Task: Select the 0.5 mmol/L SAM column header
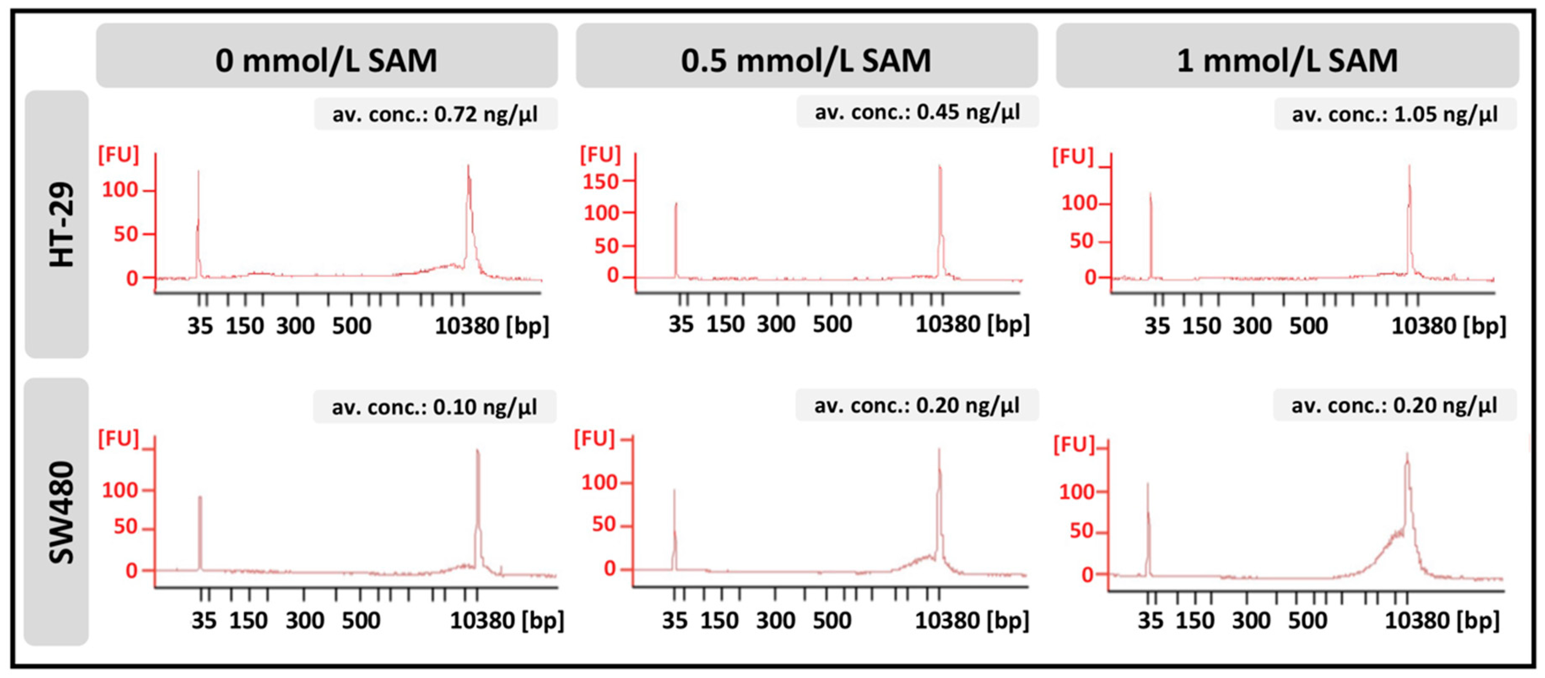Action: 806,60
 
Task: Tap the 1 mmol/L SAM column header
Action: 1287,60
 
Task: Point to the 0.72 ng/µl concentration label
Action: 435,114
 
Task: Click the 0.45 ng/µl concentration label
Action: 917,112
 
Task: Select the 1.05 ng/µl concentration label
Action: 1395,114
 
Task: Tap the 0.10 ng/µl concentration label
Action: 434,407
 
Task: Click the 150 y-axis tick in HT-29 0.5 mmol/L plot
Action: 600,181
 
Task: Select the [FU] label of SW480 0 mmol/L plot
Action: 118,439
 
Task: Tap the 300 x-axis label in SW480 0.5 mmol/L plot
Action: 775,620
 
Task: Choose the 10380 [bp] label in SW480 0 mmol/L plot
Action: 507,620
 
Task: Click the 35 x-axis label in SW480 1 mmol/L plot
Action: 1151,620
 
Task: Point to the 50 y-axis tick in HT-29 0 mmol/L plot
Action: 126,234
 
